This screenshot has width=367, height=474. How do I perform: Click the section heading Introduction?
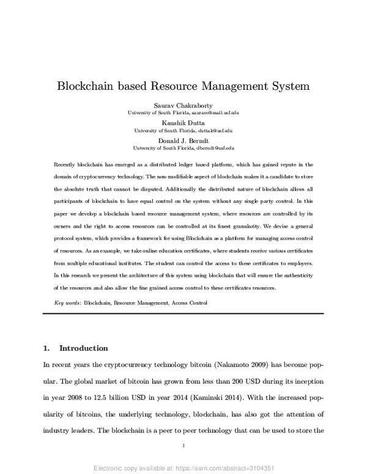click(83, 348)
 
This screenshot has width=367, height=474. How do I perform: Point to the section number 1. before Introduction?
click(46, 348)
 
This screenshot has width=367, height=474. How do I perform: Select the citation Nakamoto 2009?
click(244, 365)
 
